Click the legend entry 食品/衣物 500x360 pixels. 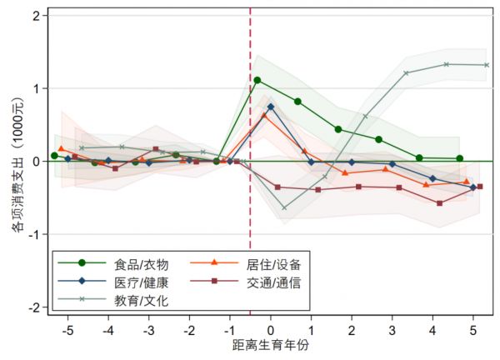[x=134, y=264]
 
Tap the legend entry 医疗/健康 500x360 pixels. [x=134, y=282]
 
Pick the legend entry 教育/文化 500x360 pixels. [x=134, y=300]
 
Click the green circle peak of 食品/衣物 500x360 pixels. [x=257, y=80]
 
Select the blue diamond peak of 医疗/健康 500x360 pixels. [x=271, y=107]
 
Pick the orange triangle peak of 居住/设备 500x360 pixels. [x=264, y=115]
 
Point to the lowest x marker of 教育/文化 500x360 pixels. [x=284, y=207]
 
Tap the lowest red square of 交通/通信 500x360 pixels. [x=439, y=202]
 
